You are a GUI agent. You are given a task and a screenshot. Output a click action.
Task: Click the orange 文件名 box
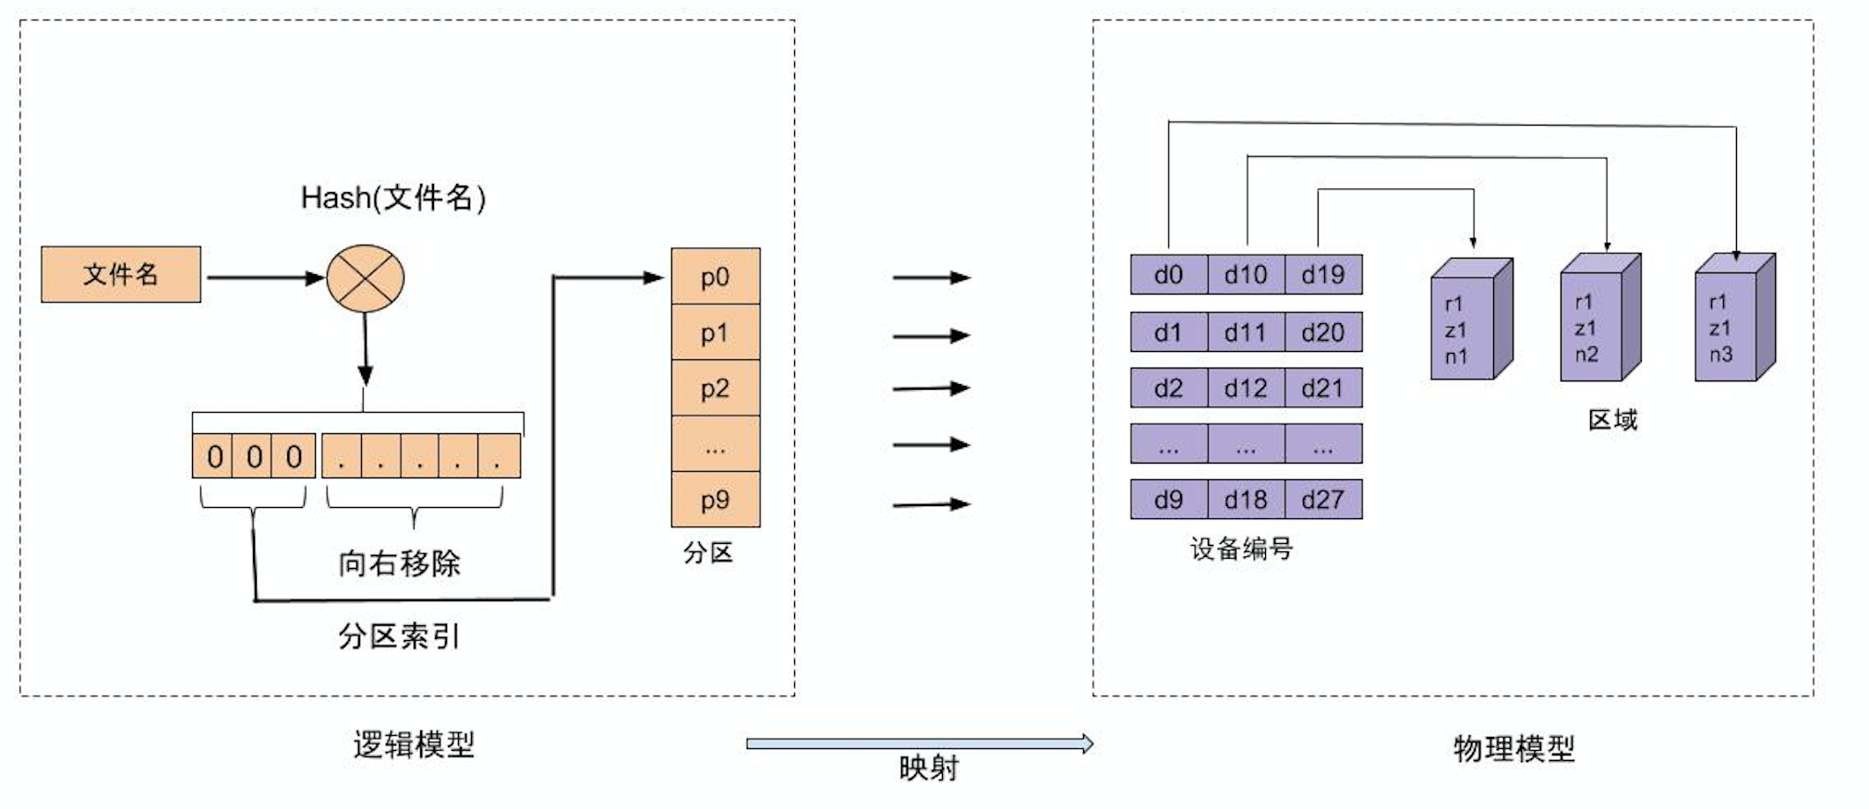[x=121, y=274]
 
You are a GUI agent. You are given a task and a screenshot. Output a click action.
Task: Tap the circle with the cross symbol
[x=366, y=278]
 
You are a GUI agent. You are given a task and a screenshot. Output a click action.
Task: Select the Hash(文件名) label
[x=393, y=198]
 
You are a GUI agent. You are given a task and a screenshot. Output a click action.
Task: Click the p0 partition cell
[x=715, y=276]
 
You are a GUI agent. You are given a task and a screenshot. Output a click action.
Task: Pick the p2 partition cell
[x=715, y=388]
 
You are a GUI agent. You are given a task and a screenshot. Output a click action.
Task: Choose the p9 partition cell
[x=715, y=500]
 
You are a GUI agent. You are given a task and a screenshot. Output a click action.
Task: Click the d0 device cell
[x=1168, y=274]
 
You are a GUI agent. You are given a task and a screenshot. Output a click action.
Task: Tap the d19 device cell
[x=1322, y=274]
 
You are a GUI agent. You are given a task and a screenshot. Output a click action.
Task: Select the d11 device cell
[x=1246, y=332]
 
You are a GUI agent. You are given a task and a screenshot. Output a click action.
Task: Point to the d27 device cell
[x=1322, y=500]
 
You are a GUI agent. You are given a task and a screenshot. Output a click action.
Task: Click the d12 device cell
[x=1246, y=388]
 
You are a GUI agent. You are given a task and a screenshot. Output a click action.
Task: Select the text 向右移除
[x=399, y=562]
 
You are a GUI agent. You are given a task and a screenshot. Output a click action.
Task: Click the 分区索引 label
[x=399, y=635]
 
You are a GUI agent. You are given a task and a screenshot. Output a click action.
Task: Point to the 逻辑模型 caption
[x=414, y=744]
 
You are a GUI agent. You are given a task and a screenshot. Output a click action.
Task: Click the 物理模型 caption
[x=1513, y=748]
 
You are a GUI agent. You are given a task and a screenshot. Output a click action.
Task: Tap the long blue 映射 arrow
[x=920, y=743]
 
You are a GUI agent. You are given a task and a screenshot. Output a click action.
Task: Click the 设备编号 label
[x=1241, y=549]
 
